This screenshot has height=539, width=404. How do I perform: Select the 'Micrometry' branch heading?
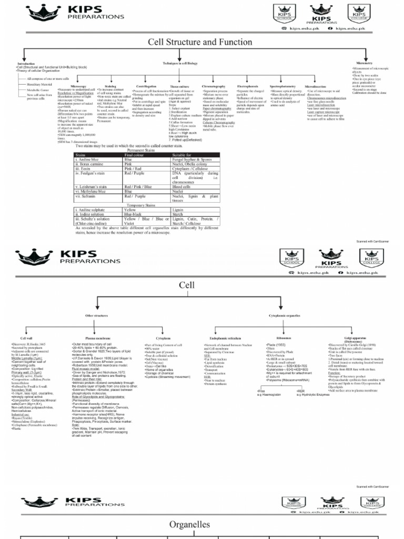pyautogui.click(x=364, y=63)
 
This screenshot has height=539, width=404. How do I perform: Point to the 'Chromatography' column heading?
pyautogui.click(x=214, y=86)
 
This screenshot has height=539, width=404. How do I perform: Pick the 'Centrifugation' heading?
pyautogui.click(x=146, y=86)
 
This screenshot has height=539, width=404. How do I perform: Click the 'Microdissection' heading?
pyautogui.click(x=315, y=86)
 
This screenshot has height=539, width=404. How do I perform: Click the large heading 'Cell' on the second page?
pyautogui.click(x=187, y=285)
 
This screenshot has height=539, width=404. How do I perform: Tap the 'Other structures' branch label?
pyautogui.click(x=97, y=315)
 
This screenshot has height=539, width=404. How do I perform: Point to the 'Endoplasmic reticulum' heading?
pyautogui.click(x=225, y=338)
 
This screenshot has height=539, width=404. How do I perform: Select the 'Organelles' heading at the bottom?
pyautogui.click(x=189, y=524)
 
